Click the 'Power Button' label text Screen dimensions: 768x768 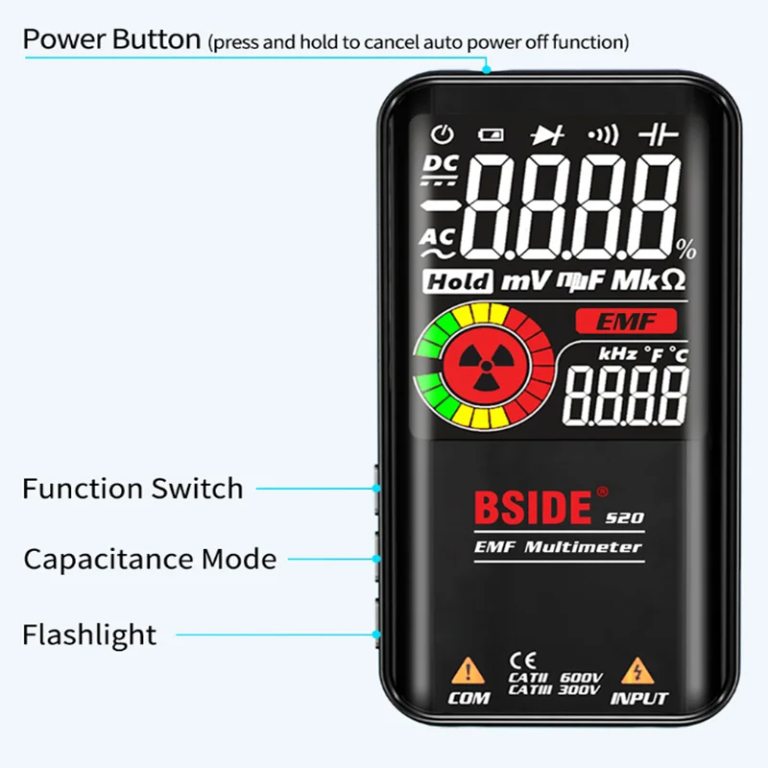[111, 40]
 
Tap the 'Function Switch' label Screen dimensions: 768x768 [132, 488]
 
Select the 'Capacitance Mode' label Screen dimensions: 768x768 [150, 559]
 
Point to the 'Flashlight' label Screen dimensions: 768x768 [89, 635]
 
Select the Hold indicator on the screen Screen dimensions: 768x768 [458, 282]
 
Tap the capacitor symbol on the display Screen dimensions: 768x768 [659, 134]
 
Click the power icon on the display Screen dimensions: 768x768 [442, 134]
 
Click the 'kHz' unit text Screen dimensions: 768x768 [617, 354]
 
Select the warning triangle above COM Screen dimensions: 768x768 [468, 668]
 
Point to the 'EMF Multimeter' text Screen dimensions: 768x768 [558, 547]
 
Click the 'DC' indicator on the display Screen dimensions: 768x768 [441, 165]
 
